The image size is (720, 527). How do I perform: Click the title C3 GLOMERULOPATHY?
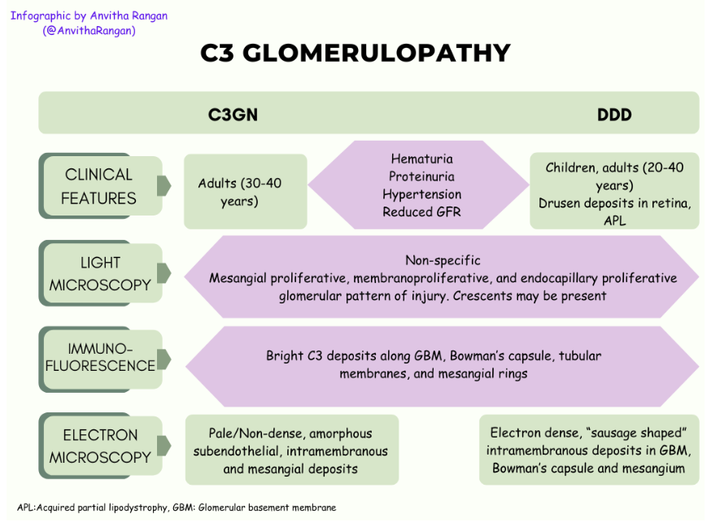tap(356, 53)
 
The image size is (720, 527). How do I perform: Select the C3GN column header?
tap(233, 115)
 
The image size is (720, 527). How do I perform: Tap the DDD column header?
tap(614, 115)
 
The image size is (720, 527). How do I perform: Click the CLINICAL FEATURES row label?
tap(98, 186)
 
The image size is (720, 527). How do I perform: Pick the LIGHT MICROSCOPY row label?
tap(99, 274)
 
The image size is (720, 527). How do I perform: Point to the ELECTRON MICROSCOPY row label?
tap(99, 446)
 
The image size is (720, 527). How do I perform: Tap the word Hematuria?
tap(421, 159)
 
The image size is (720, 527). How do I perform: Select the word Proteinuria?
tap(421, 176)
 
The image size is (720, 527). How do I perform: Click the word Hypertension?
tap(421, 194)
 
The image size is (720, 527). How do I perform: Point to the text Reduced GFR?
tap(421, 212)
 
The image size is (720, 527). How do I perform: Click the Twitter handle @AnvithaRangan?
tap(89, 31)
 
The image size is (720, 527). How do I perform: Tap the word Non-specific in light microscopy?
tap(443, 261)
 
